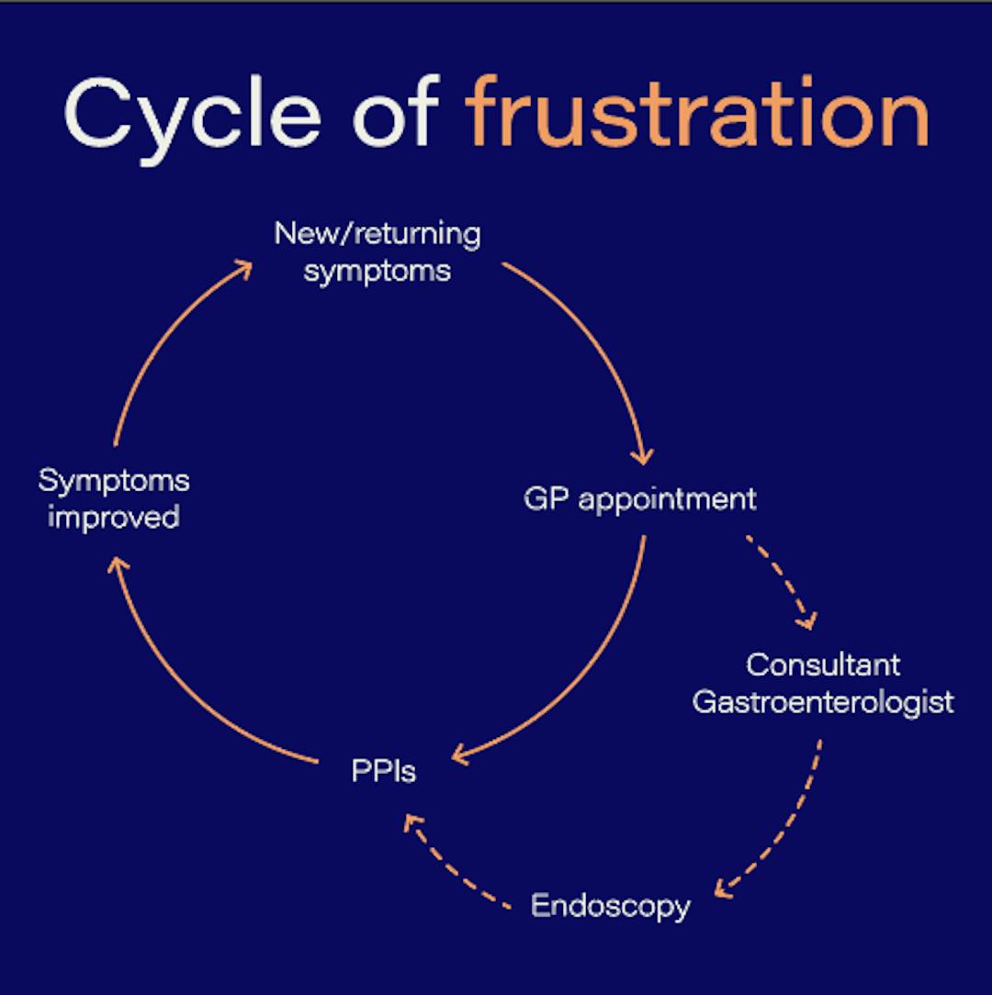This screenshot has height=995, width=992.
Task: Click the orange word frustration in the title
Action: [x=696, y=113]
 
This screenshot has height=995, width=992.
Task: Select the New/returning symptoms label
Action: [x=378, y=252]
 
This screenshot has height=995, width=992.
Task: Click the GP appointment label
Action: [x=640, y=498]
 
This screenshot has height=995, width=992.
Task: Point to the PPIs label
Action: [x=384, y=770]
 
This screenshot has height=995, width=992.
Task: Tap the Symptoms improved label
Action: [x=114, y=498]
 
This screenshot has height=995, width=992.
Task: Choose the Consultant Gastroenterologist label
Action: [x=823, y=683]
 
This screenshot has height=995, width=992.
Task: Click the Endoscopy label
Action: [x=610, y=906]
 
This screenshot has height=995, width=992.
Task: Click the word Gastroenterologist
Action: [x=823, y=702]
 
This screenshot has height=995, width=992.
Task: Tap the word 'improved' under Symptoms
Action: [x=114, y=518]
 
